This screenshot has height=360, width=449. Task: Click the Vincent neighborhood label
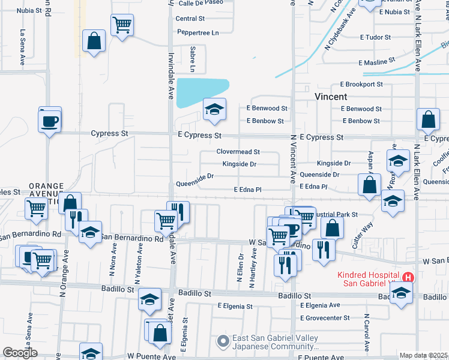(331, 97)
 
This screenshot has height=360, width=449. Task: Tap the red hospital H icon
(408, 277)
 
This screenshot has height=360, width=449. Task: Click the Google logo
(20, 353)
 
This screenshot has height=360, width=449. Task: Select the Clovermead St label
(238, 152)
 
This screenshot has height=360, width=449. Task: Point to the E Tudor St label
(375, 37)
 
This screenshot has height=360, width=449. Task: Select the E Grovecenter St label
(325, 317)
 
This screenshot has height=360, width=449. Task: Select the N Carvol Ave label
(366, 331)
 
